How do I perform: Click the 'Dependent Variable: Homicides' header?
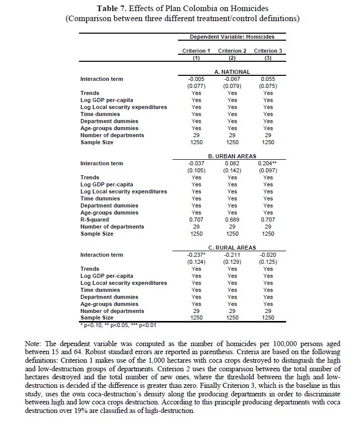(x=232, y=37)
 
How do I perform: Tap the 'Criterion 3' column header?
(x=268, y=51)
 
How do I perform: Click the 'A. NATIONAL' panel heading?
(x=232, y=72)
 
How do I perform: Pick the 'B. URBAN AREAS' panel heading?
(x=232, y=156)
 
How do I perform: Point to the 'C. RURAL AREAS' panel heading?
(x=232, y=248)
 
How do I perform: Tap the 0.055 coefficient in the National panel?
(x=268, y=79)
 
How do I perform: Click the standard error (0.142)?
(x=232, y=170)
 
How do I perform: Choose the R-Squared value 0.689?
(x=232, y=220)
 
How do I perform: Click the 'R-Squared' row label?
(x=95, y=220)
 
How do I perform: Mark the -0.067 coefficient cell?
(x=232, y=79)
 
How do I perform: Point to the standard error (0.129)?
(x=232, y=262)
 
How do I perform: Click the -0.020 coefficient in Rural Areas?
(x=268, y=255)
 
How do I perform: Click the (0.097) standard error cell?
(x=268, y=170)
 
